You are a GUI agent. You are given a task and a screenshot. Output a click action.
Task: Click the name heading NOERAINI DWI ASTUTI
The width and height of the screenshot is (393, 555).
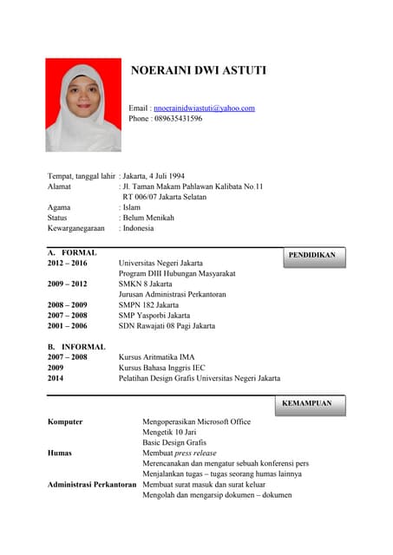coord(198,70)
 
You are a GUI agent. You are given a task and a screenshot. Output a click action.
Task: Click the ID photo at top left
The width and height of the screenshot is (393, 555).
coord(83,105)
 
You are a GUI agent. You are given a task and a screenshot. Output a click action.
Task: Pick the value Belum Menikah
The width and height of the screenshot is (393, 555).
coord(148,218)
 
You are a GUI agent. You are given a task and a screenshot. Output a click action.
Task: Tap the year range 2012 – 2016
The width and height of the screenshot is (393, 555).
coord(68,263)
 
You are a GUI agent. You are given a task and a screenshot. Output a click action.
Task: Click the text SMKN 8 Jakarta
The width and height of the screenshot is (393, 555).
coord(145,284)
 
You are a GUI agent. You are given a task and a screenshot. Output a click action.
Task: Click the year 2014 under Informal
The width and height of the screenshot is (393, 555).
coord(56,378)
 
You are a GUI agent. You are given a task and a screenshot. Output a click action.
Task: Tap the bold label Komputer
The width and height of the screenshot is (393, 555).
coord(65,421)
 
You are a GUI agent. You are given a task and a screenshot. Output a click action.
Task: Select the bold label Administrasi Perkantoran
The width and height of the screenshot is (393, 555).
coord(92,484)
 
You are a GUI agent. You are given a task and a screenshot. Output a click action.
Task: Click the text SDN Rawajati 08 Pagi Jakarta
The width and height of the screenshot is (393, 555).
coord(167,326)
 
